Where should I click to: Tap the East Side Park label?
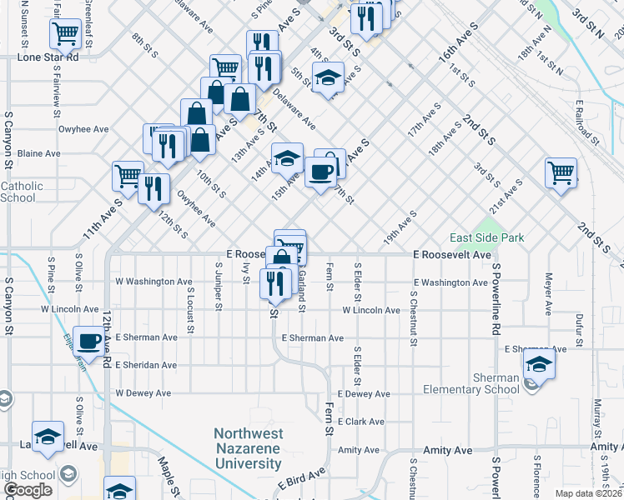pos(487,237)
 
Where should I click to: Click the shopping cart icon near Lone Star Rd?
pos(65,34)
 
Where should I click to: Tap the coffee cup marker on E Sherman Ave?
pos(88,339)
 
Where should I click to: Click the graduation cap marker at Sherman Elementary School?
pos(539,365)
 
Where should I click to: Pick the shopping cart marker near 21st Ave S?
pos(561,172)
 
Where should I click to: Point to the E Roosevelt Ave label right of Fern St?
pos(453,255)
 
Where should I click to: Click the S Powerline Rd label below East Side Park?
pos(495,299)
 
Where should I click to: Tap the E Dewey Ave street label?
pos(365,393)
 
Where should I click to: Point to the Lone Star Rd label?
pos(48,58)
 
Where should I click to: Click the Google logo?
pos(28,490)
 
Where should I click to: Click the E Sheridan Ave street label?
pos(146,365)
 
